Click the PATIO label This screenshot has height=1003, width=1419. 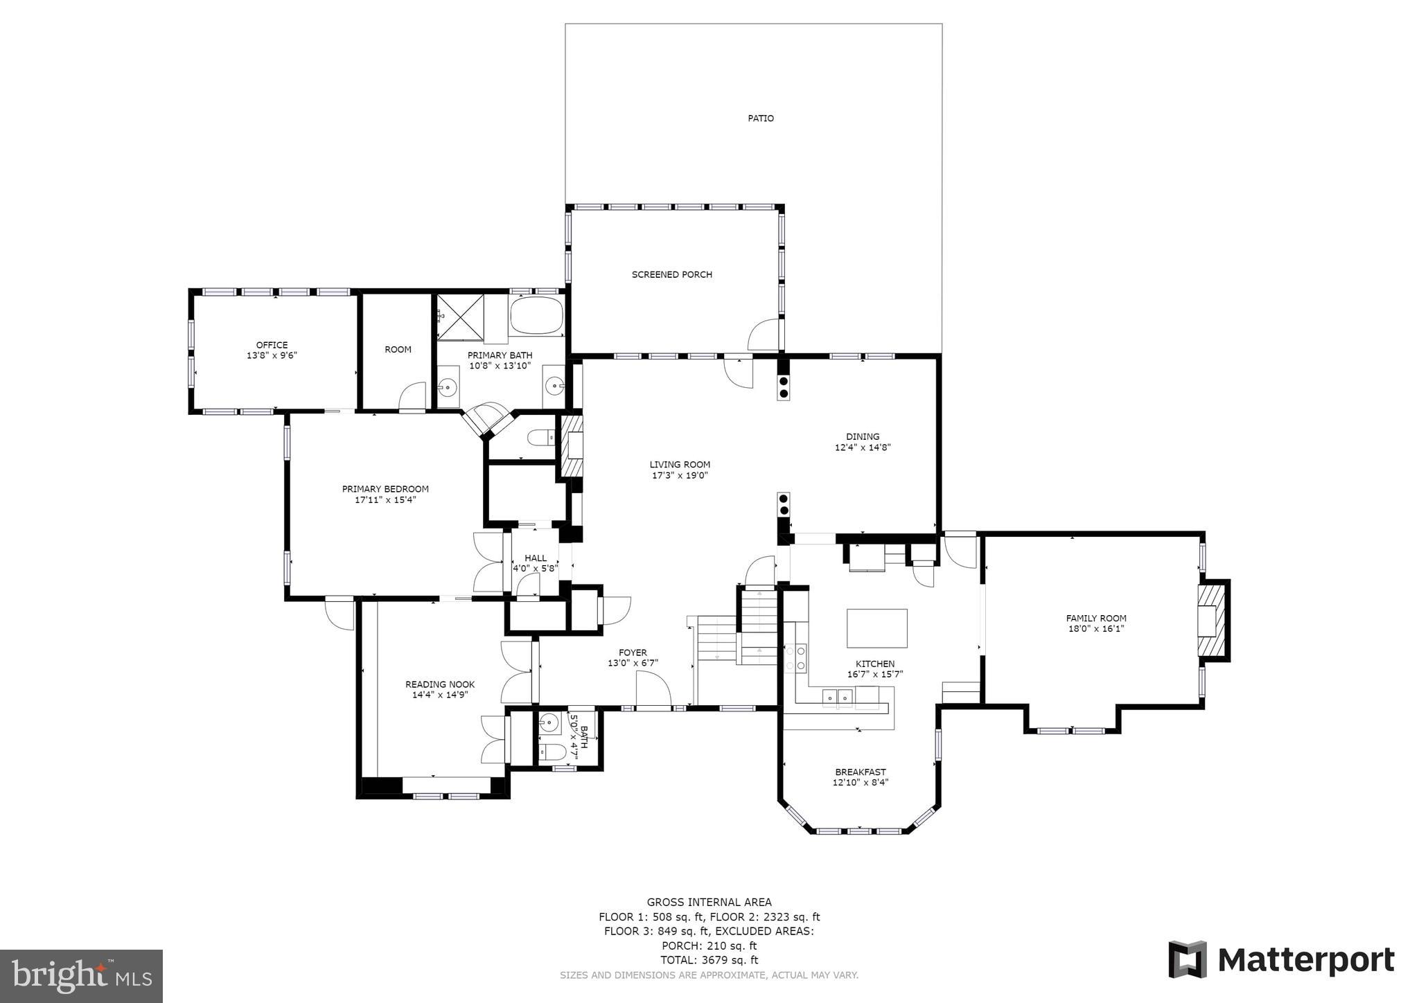pos(760,118)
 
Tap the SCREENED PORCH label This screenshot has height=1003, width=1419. pos(671,274)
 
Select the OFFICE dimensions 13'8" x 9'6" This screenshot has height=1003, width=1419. pos(272,355)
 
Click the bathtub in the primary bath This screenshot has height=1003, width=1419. pos(536,316)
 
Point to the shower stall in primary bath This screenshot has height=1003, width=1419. pos(460,317)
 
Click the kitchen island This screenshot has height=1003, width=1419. pos(876,628)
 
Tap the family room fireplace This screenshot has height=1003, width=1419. pos(1213,621)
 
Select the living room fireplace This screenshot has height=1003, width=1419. pos(572,446)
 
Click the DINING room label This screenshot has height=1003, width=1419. pos(862,436)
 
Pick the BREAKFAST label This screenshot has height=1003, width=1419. pos(860,772)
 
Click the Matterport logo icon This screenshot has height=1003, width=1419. pos(1188,959)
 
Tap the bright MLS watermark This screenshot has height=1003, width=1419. pos(81,976)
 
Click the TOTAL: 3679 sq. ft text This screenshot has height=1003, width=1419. pos(709,960)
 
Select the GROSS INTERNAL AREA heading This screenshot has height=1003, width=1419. pos(709,902)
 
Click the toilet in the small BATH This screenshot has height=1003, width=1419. pos(552,752)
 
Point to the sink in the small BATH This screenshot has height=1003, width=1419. pos(549,722)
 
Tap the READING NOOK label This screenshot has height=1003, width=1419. pos(440,684)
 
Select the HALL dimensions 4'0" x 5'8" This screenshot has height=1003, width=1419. pos(535,569)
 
